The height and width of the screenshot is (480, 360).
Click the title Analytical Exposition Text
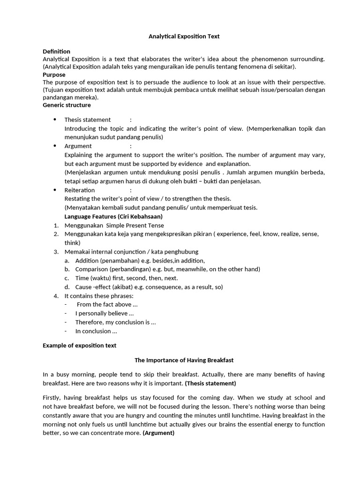[184, 36]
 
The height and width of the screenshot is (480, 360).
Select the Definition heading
[56, 51]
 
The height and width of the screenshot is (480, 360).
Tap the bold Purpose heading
[54, 75]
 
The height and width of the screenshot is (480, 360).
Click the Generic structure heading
[67, 105]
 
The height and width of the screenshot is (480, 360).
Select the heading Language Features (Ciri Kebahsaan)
[113, 217]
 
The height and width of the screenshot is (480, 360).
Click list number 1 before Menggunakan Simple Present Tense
[56, 225]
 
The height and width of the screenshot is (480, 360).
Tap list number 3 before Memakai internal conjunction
[56, 252]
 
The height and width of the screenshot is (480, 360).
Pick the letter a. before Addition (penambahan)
[67, 261]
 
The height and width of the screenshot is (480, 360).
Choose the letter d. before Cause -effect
[67, 287]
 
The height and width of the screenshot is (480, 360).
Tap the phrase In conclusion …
[96, 331]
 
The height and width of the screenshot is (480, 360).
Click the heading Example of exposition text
[79, 345]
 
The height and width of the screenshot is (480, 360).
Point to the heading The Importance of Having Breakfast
[184, 360]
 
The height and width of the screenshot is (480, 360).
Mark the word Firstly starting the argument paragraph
[52, 397]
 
